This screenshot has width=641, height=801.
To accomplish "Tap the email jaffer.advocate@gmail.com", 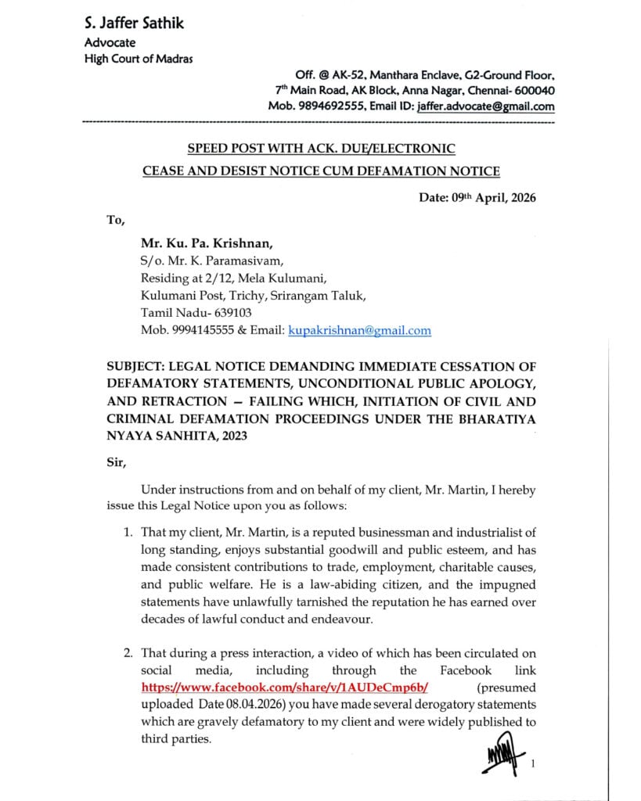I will (485, 107).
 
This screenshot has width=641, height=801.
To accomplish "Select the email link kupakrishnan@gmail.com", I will (359, 330).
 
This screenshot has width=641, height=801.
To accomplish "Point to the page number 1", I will (532, 763).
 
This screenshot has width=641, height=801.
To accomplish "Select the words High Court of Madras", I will (139, 59).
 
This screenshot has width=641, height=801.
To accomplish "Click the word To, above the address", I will (115, 220).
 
